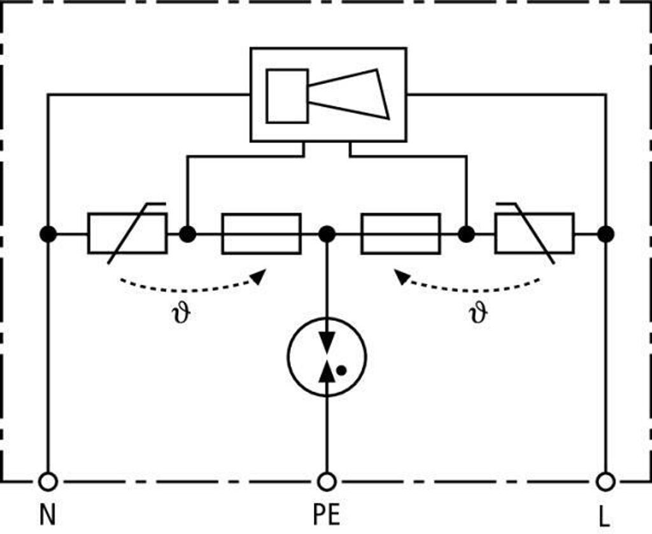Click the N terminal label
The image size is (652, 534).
[47, 515]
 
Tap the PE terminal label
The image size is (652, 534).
[327, 515]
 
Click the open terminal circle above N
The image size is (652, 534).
[48, 482]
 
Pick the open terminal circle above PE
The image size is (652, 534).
[327, 482]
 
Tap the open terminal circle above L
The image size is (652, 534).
[606, 482]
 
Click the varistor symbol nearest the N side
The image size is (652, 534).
[127, 233]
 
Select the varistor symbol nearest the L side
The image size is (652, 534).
[535, 233]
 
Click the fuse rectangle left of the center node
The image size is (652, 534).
[261, 234]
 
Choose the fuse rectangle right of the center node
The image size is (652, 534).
[401, 234]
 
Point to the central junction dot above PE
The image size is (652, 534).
[327, 234]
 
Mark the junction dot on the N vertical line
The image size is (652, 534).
[48, 234]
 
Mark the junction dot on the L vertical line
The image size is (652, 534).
[606, 234]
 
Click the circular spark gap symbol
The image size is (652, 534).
[327, 356]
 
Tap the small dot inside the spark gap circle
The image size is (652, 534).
[341, 370]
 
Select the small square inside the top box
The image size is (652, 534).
[287, 96]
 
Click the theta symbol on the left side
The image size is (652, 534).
[181, 313]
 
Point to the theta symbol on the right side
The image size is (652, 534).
[478, 313]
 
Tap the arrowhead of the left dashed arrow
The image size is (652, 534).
[259, 276]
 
